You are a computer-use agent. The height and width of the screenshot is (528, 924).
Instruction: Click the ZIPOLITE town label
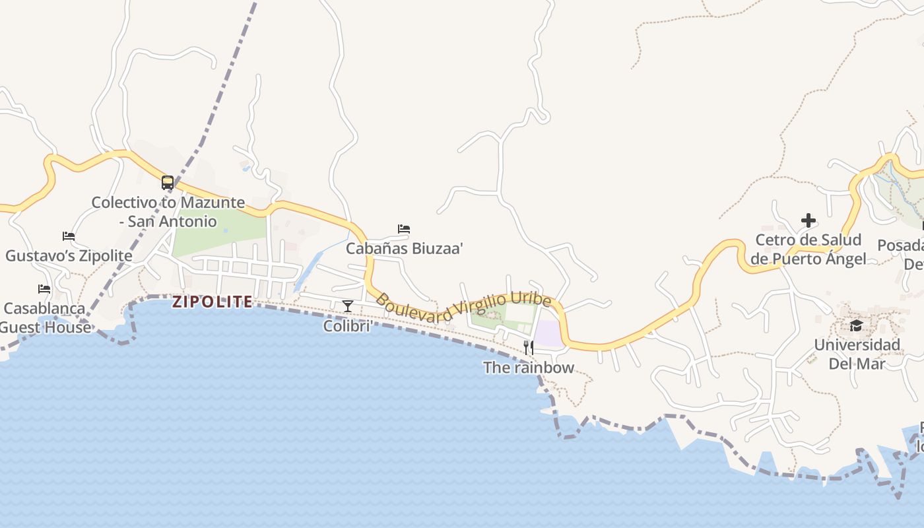click(213, 302)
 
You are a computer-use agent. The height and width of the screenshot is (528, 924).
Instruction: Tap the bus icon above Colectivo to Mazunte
click(168, 183)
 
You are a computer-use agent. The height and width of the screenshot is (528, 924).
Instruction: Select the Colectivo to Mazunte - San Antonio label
click(168, 212)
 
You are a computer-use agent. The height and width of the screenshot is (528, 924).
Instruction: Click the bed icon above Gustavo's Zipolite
click(69, 236)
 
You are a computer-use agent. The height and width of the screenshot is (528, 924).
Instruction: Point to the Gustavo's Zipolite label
click(69, 255)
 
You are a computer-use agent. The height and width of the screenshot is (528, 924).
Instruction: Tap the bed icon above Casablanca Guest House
click(44, 289)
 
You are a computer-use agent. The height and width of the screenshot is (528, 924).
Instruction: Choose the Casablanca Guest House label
click(45, 317)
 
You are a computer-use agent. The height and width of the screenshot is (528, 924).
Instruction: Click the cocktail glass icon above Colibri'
click(348, 306)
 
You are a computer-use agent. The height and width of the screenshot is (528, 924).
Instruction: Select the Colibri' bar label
click(348, 326)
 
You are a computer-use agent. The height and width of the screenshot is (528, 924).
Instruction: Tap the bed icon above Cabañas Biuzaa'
click(404, 229)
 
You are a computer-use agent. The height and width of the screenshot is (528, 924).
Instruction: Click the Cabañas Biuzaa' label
click(404, 249)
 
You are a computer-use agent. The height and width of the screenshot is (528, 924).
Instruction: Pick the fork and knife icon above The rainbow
click(529, 348)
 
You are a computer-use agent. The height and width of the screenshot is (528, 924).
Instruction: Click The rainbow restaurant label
click(529, 368)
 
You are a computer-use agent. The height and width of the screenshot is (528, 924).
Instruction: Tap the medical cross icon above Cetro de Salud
click(808, 220)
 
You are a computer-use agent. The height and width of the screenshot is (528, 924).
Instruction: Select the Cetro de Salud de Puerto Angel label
click(808, 249)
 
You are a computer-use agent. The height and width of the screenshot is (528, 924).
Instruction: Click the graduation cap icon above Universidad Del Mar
click(856, 325)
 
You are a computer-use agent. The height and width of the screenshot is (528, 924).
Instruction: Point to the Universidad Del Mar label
click(856, 354)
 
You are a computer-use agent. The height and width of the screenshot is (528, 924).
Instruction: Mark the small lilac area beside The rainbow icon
click(548, 333)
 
